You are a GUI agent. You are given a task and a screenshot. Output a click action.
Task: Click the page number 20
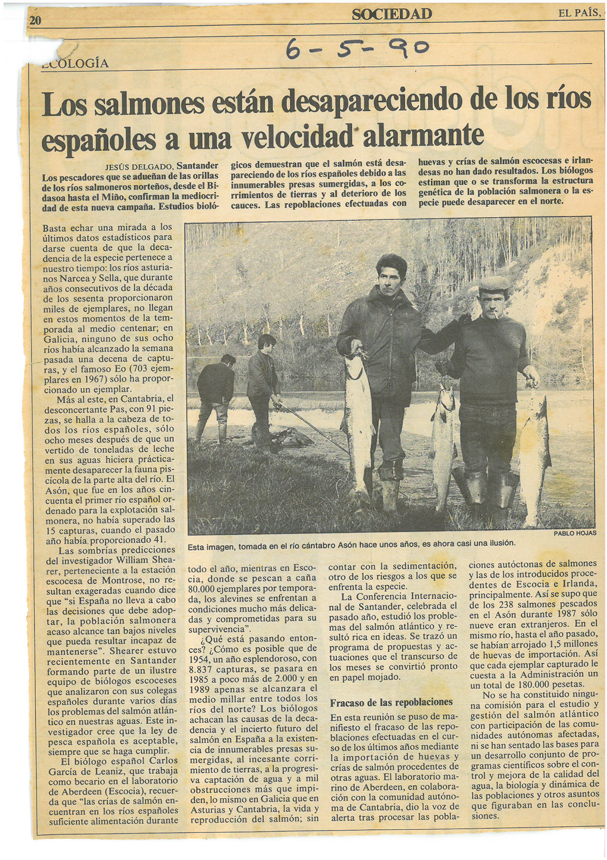click(36, 20)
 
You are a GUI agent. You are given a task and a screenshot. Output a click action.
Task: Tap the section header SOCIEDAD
click(392, 14)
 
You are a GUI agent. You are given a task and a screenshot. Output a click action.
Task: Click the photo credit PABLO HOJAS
click(575, 533)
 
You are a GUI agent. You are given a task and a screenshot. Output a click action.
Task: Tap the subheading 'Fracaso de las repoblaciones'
click(391, 702)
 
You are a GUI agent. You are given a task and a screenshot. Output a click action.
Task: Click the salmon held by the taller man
click(357, 421)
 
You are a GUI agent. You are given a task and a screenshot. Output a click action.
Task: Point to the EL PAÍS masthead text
click(579, 13)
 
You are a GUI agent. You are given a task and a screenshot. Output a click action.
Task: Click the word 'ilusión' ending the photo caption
click(500, 543)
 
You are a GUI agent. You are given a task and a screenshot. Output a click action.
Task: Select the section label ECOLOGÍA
click(76, 64)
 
